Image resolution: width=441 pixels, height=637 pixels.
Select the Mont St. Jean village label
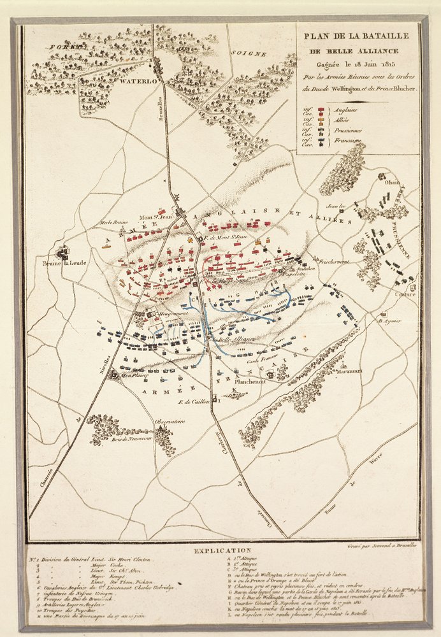(157, 215)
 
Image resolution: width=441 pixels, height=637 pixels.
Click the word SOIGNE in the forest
(248, 54)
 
